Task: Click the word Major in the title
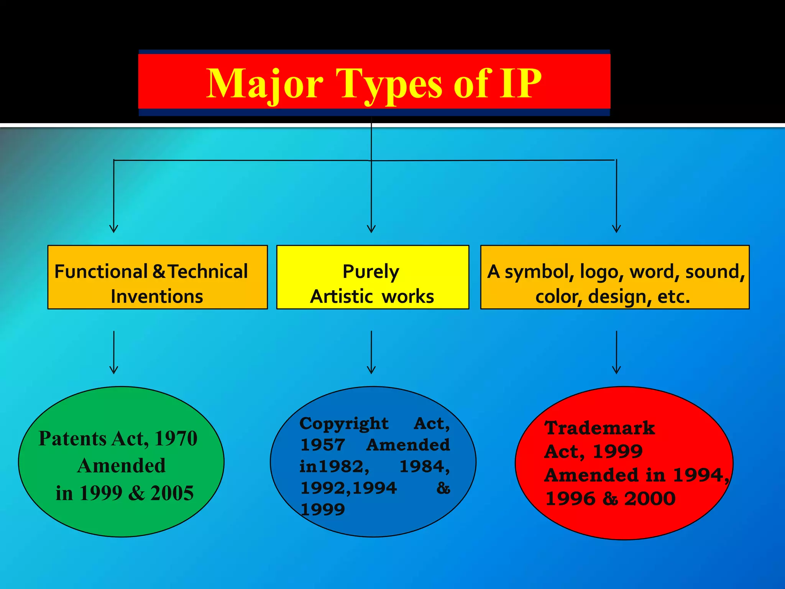pyautogui.click(x=265, y=84)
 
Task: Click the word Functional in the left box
pyautogui.click(x=101, y=271)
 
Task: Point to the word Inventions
pyautogui.click(x=157, y=296)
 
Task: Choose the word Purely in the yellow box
pyautogui.click(x=371, y=272)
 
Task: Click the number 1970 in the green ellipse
pyautogui.click(x=176, y=438)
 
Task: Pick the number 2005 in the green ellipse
pyautogui.click(x=172, y=493)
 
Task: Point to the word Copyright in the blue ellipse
pyautogui.click(x=344, y=424)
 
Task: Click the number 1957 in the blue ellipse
pyautogui.click(x=323, y=445)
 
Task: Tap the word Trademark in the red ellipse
pyautogui.click(x=600, y=428)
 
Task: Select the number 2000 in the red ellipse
pyautogui.click(x=650, y=499)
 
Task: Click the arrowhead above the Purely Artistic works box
pyautogui.click(x=371, y=229)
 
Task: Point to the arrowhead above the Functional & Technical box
pyautogui.click(x=114, y=229)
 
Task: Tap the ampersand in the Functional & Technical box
pyautogui.click(x=159, y=271)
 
